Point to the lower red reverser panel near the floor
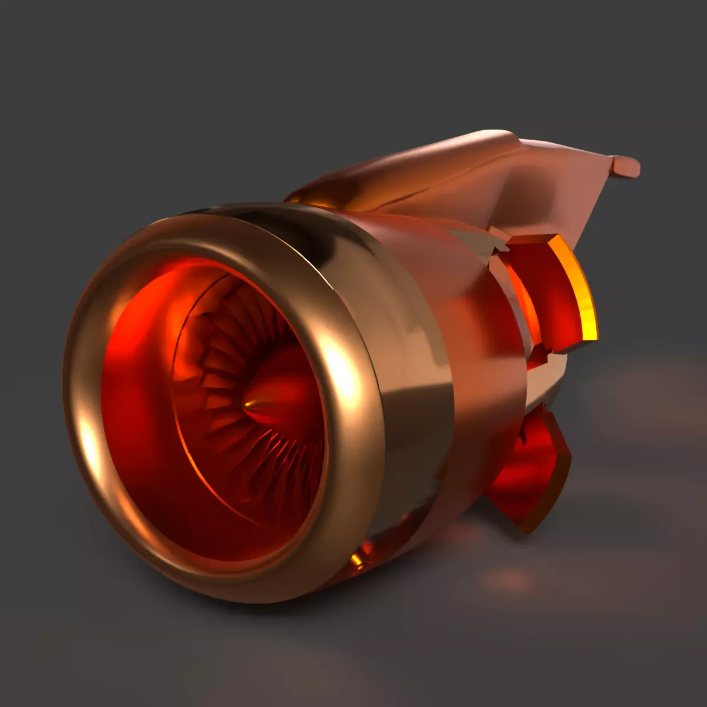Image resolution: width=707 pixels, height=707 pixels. [527, 471]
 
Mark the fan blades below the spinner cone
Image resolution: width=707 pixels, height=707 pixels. [277, 465]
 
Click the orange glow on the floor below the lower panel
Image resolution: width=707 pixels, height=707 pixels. [507, 580]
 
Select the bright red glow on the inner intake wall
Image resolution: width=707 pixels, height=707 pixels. [136, 330]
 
